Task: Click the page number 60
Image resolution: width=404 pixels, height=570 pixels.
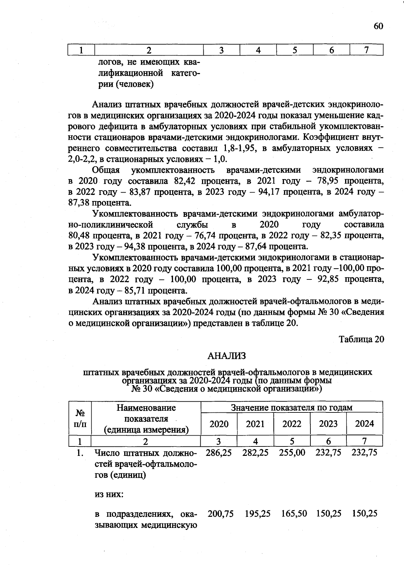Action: [378, 26]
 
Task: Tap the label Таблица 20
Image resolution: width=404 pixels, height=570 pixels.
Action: [361, 339]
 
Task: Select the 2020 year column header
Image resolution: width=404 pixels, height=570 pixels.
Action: [219, 424]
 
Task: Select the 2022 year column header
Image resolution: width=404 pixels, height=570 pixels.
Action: [292, 424]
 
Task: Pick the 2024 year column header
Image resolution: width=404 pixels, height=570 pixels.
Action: [364, 424]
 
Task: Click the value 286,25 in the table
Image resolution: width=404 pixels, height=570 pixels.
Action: [219, 453]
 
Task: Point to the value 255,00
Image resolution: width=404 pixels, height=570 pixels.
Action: [292, 453]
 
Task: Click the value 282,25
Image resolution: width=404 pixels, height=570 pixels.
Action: [255, 453]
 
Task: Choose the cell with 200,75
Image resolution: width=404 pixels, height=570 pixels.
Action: [221, 513]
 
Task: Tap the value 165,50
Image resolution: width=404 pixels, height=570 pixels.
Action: [294, 513]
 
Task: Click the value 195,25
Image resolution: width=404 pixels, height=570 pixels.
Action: [257, 513]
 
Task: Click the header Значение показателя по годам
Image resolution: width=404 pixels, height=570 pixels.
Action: [292, 408]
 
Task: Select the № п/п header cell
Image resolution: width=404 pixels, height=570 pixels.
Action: [80, 418]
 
